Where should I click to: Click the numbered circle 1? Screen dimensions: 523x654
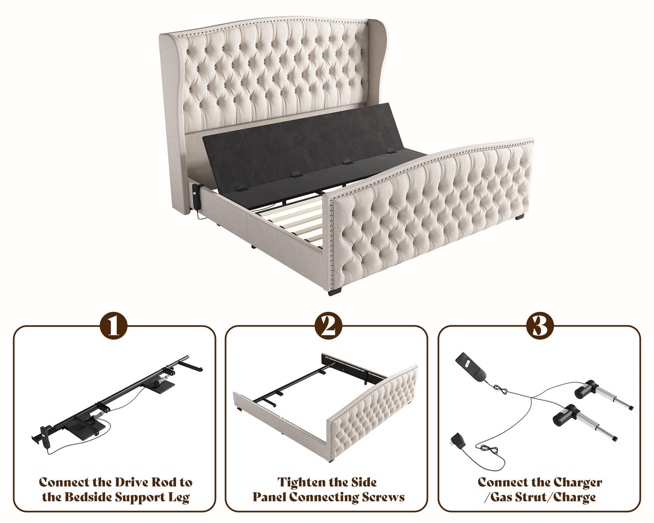click(x=114, y=326)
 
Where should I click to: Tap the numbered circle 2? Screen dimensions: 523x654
click(x=327, y=326)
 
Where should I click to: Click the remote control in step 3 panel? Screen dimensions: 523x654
click(x=470, y=366)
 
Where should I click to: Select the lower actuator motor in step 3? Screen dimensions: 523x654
click(x=566, y=415)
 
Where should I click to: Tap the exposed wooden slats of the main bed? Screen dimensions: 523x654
click(x=291, y=221)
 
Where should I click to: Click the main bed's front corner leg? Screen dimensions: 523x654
click(x=334, y=291)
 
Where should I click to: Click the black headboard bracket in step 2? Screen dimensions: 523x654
click(x=353, y=367)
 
